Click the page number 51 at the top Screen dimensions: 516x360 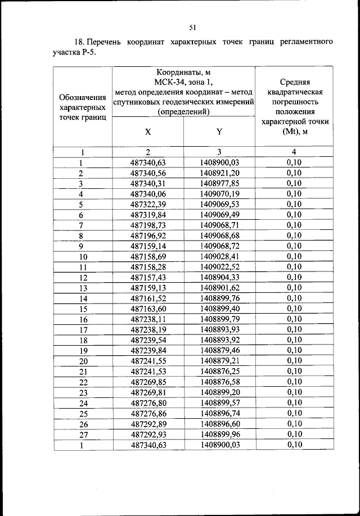click(x=192, y=26)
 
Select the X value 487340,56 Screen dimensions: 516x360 click(x=148, y=173)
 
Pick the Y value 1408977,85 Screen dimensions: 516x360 click(x=219, y=183)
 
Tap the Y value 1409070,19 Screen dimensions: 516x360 click(x=219, y=193)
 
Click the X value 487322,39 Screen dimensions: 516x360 click(x=148, y=204)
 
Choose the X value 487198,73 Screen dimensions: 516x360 click(x=148, y=225)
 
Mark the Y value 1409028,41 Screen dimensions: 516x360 click(x=219, y=256)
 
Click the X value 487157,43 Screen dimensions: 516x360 click(x=148, y=277)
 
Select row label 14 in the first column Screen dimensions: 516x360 click(x=83, y=298)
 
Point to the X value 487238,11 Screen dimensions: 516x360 click(x=148, y=319)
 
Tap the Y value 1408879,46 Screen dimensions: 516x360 click(x=219, y=350)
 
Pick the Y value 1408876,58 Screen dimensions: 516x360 click(x=219, y=382)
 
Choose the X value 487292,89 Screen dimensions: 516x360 click(x=148, y=424)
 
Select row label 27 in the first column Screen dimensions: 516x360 click(x=83, y=434)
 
